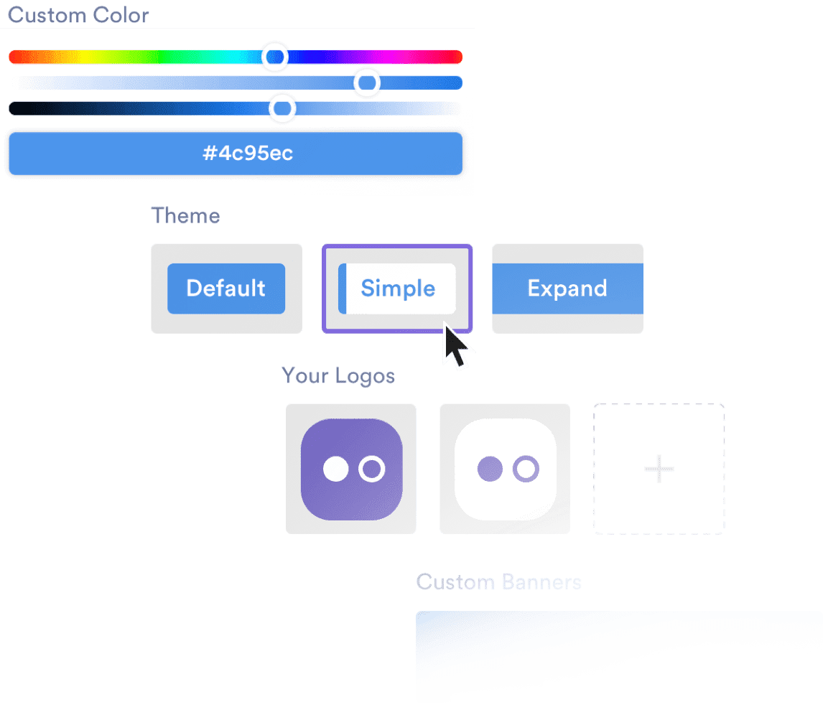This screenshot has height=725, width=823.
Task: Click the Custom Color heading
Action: [x=78, y=16]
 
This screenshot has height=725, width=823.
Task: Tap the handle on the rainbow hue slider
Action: [x=274, y=57]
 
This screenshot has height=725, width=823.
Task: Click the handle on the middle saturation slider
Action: [x=367, y=83]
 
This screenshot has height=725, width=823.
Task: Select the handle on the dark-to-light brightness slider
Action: [x=282, y=108]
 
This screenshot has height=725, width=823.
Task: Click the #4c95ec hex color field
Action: [x=235, y=153]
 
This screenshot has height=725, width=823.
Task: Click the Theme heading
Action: [x=185, y=216]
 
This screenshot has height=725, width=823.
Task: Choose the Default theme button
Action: [x=226, y=289]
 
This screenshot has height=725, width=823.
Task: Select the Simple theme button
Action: [x=397, y=289]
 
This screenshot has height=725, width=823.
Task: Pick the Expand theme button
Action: [x=567, y=289]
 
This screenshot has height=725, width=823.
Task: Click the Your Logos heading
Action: [x=338, y=375]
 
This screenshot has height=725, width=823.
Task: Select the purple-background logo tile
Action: [x=351, y=469]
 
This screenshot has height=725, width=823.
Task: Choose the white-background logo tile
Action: [x=505, y=469]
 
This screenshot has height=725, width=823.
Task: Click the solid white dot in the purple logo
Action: [x=335, y=469]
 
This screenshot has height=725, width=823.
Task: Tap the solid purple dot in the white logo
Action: [x=490, y=469]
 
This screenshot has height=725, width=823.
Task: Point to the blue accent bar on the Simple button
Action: [x=343, y=289]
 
